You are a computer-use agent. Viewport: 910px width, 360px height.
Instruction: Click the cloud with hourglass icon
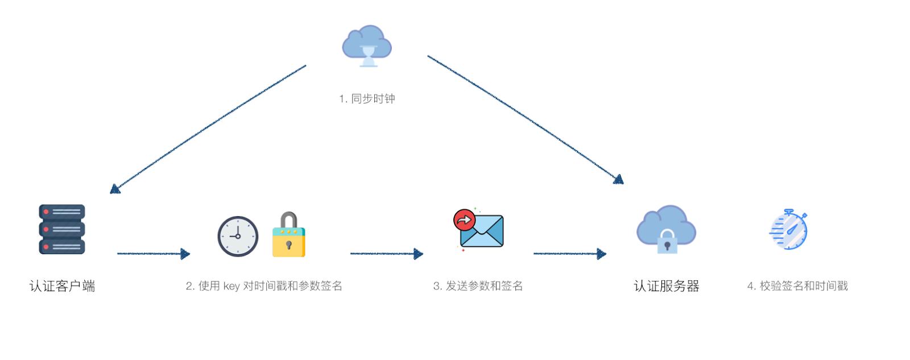367,45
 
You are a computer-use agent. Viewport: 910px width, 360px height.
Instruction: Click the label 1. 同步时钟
367,99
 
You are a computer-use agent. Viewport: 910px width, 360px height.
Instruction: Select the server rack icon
62,229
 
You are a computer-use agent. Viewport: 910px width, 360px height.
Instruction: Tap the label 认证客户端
62,286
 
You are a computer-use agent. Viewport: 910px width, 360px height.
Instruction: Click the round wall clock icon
238,236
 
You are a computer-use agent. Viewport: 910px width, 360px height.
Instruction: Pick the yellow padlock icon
288,235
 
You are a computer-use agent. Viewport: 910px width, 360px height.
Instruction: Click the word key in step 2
231,286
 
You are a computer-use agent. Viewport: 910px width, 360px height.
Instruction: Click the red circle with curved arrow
465,220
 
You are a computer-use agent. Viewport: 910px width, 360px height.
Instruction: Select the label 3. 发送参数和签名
478,286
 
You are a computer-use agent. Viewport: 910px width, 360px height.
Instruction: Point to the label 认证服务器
666,286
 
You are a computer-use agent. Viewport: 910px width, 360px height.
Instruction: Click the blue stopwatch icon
789,230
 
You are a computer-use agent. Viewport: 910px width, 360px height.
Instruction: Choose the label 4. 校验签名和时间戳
797,286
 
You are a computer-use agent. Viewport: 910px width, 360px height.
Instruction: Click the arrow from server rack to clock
152,254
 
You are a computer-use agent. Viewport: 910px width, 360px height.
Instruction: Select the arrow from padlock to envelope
386,254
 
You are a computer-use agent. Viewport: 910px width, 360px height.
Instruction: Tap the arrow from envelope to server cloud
569,254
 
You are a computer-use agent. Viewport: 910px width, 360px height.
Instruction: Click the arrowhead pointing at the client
115,189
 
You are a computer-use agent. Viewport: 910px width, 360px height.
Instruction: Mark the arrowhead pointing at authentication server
619,179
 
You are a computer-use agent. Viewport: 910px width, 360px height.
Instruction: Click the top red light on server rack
46,212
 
